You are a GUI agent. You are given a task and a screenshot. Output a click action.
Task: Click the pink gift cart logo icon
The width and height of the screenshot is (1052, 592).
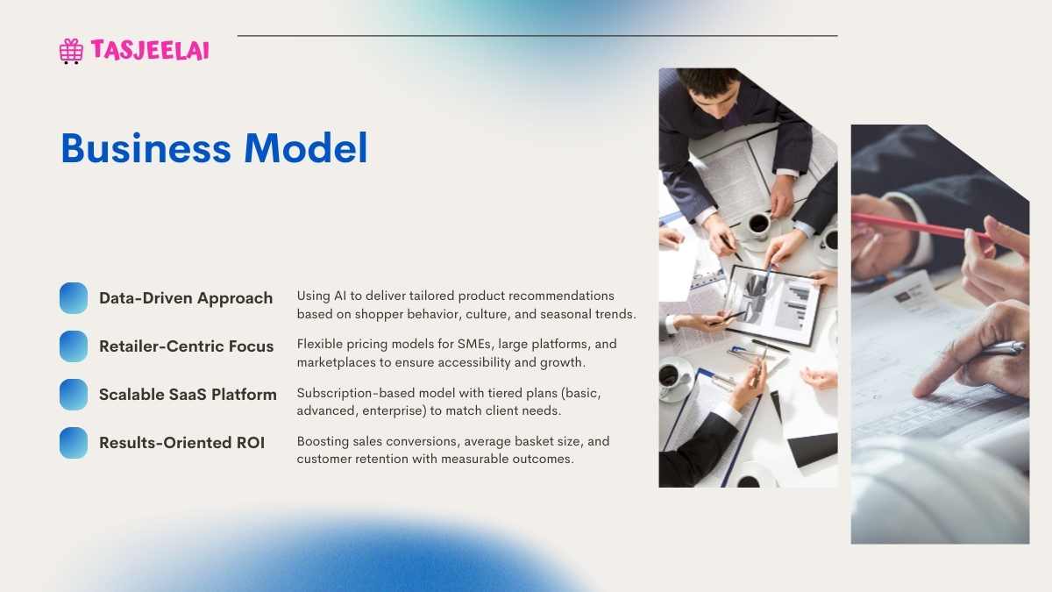pyautogui.click(x=71, y=51)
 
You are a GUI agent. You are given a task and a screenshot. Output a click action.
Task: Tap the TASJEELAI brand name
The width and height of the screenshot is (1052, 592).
pyautogui.click(x=150, y=50)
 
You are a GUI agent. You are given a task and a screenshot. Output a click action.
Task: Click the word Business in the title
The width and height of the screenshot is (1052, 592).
pyautogui.click(x=146, y=148)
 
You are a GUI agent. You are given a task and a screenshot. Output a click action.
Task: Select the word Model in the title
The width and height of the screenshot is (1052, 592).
pyautogui.click(x=305, y=148)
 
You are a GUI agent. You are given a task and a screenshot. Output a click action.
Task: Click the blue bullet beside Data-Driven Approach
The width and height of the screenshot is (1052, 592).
pyautogui.click(x=74, y=298)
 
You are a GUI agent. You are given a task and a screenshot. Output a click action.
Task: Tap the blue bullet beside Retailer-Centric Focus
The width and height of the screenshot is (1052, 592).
pyautogui.click(x=74, y=346)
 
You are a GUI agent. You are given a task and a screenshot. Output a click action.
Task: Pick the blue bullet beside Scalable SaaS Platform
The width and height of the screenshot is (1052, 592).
pyautogui.click(x=74, y=395)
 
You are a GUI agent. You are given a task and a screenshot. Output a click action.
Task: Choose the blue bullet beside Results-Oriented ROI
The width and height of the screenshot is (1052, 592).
pyautogui.click(x=74, y=443)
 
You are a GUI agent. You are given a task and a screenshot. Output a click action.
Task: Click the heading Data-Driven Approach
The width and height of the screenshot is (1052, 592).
pyautogui.click(x=186, y=298)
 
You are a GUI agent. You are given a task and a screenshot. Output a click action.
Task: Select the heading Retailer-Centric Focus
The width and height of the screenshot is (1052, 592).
pyautogui.click(x=187, y=346)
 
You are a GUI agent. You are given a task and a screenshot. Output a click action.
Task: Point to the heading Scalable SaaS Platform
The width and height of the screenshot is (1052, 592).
pyautogui.click(x=188, y=395)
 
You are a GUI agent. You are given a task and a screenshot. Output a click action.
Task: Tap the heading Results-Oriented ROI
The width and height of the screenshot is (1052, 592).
pyautogui.click(x=182, y=443)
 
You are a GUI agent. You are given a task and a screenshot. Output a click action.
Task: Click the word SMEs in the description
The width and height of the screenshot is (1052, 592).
pyautogui.click(x=474, y=345)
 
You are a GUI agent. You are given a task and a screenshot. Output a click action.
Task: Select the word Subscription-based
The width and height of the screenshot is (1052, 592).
pyautogui.click(x=356, y=393)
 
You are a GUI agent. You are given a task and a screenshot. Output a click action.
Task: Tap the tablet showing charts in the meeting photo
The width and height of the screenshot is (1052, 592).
pyautogui.click(x=773, y=305)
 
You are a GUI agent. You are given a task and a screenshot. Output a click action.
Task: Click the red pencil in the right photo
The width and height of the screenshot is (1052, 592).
pyautogui.click(x=921, y=226)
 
